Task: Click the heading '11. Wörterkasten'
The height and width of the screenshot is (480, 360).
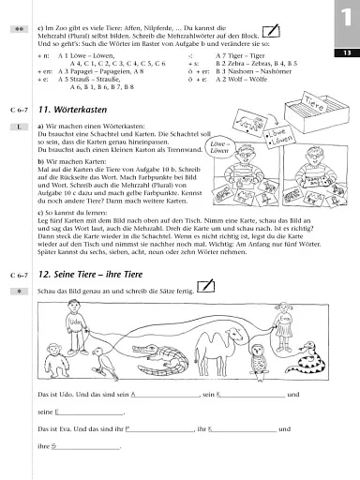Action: tap(81, 111)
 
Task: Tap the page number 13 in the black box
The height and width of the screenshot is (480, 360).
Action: tap(346, 53)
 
